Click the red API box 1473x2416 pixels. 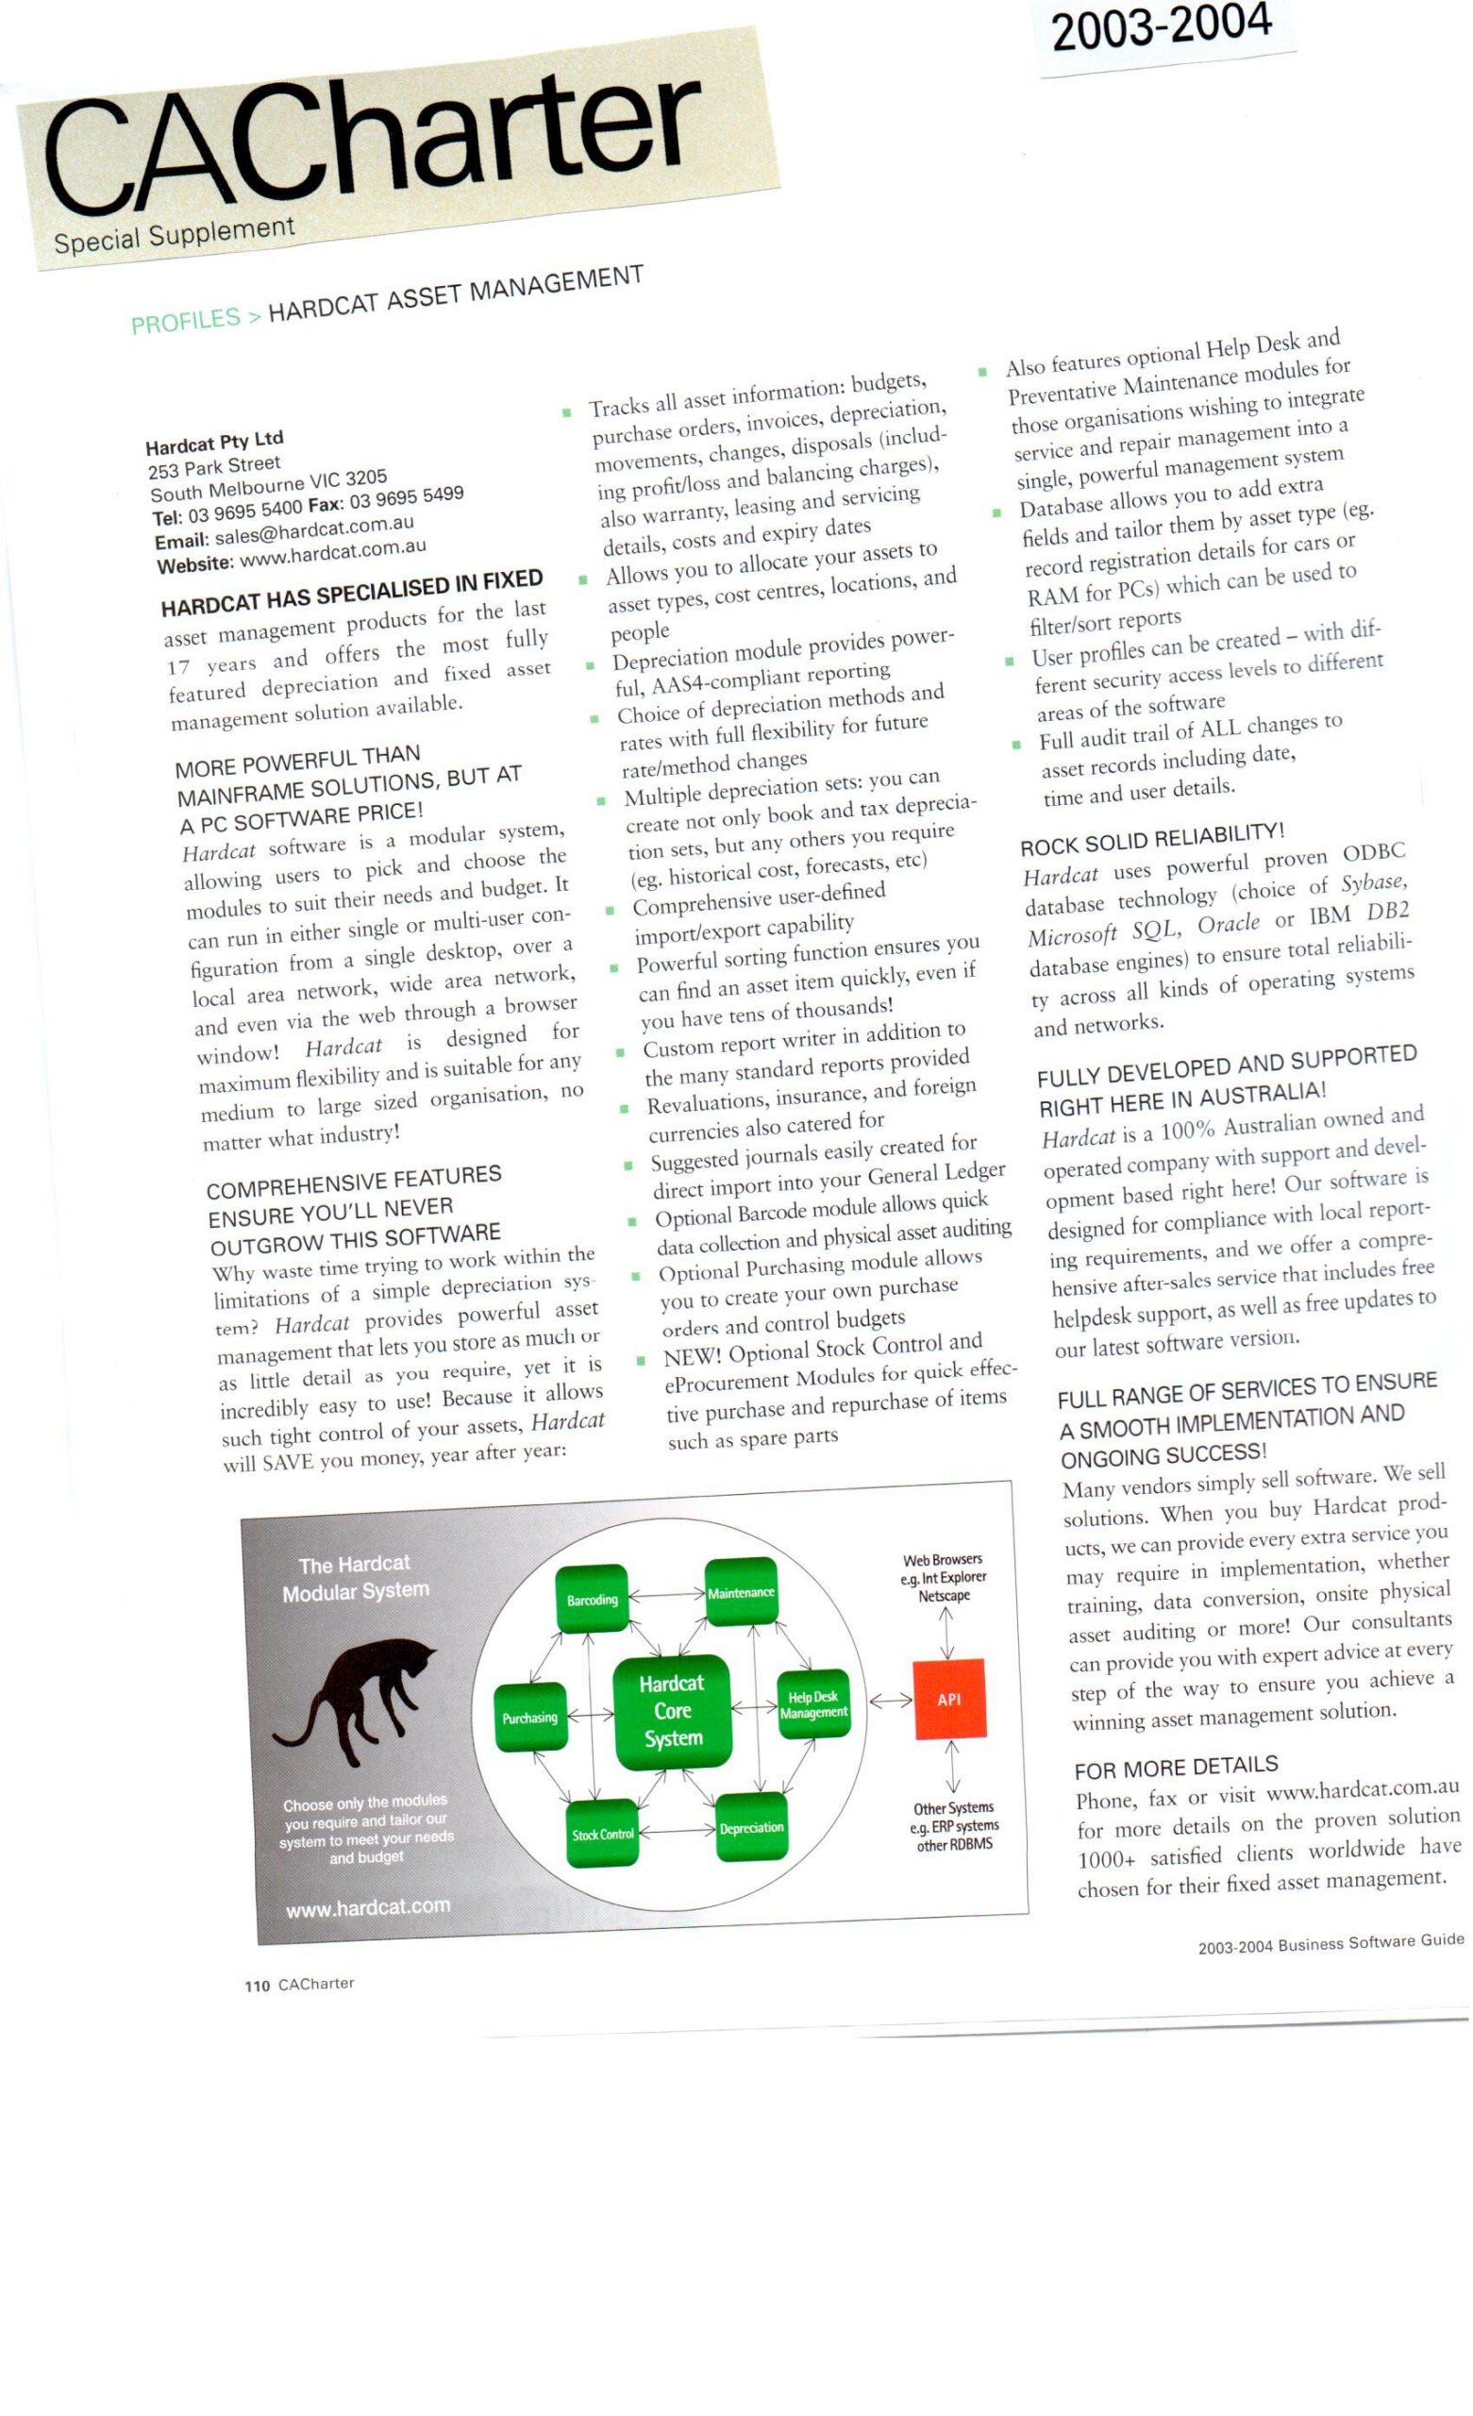948,1700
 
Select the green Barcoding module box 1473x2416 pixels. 593,1600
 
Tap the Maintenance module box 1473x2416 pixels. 741,1592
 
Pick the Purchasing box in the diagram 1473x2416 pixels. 529,1717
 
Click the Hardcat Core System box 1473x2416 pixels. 672,1711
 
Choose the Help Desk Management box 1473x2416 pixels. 813,1704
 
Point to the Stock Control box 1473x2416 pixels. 602,1834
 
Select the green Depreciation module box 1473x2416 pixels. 751,1828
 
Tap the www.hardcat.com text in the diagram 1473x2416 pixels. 368,1908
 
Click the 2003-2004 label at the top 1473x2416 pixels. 1162,26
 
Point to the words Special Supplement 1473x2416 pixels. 174,235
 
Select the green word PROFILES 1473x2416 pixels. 185,320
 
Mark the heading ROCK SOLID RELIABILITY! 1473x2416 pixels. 1151,838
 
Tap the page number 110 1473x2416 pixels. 257,1986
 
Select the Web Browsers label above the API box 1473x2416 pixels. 944,1577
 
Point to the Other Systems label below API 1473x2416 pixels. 953,1826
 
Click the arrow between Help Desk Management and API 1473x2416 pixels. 891,1702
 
